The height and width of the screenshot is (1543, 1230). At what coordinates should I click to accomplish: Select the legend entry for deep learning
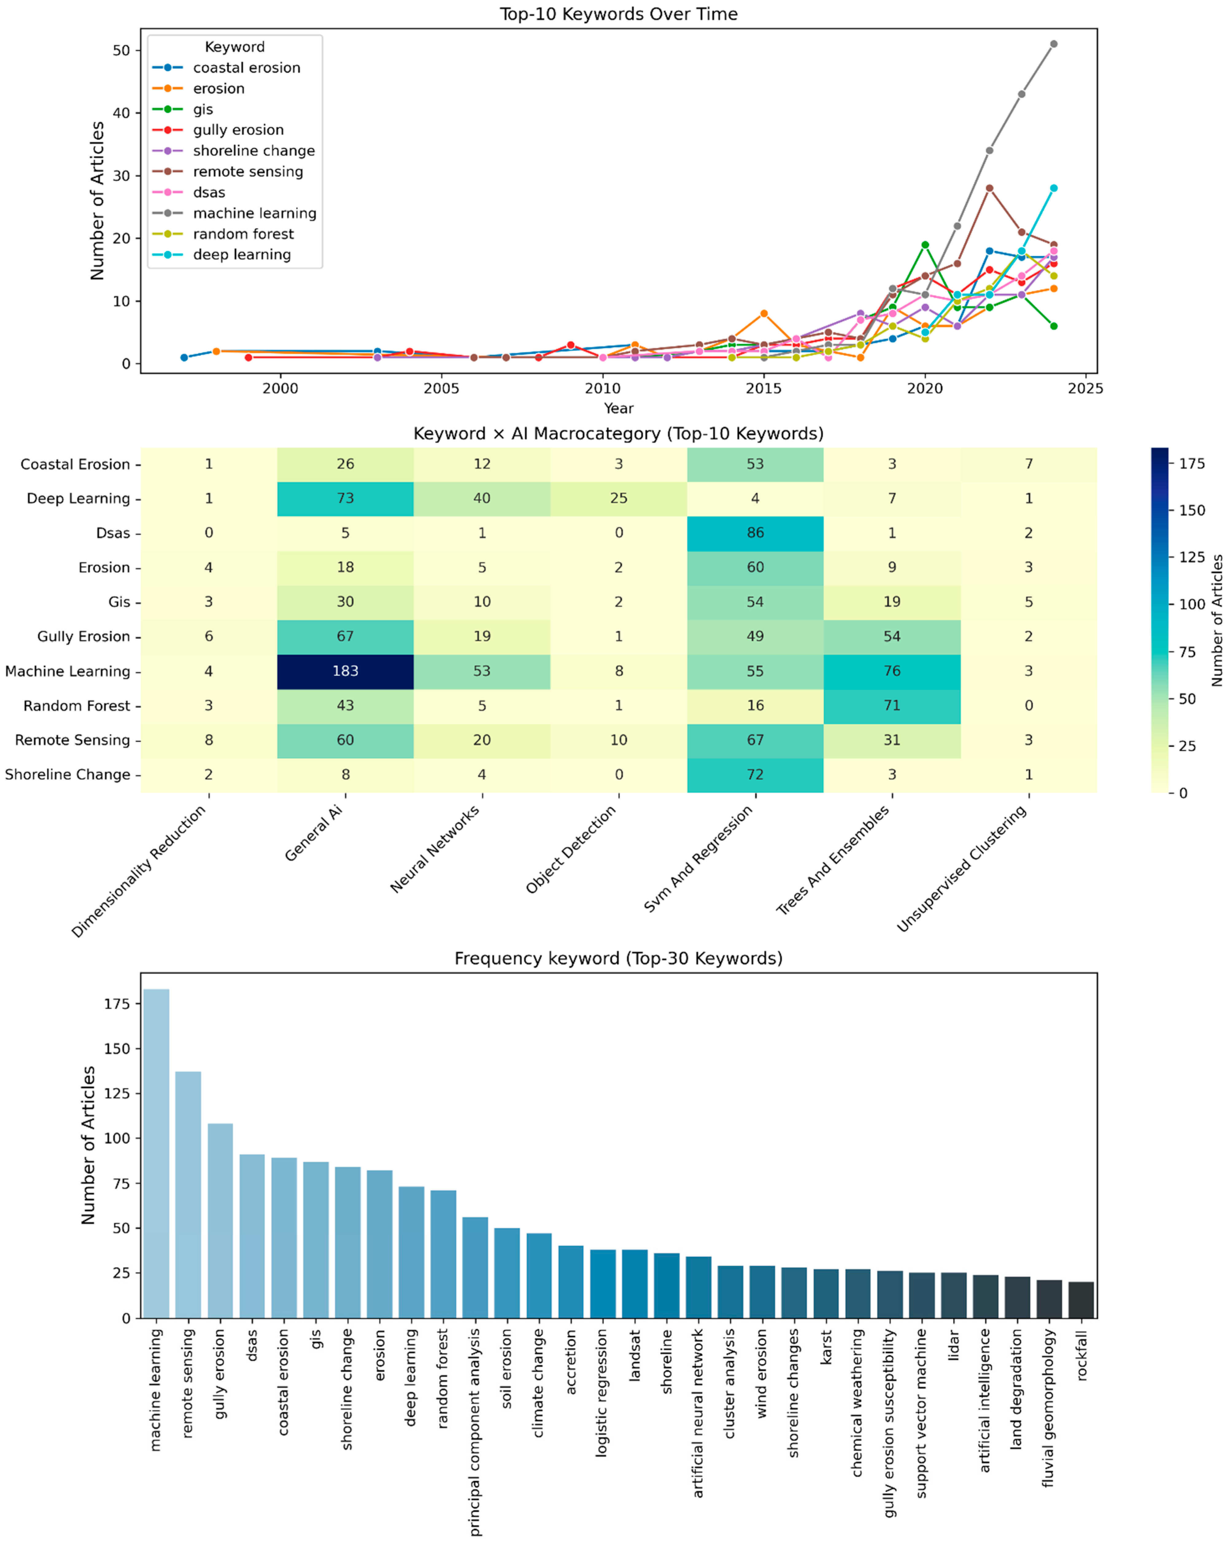(242, 255)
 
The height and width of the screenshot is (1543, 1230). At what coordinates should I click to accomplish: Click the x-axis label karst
(826, 1347)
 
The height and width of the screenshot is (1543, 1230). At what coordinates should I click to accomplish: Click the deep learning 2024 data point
(1053, 188)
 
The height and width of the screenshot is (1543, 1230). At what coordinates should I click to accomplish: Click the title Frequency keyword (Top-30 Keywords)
(618, 958)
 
